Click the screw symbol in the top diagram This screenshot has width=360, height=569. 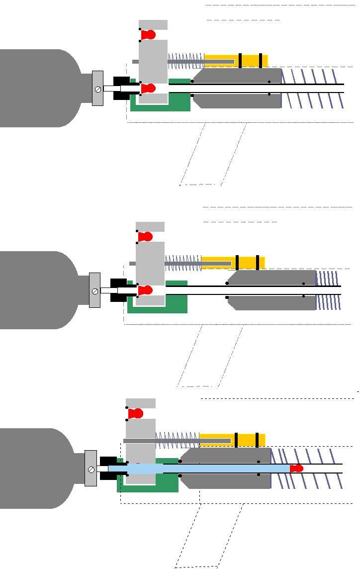pyautogui.click(x=98, y=89)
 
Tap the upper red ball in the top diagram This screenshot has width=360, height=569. pyautogui.click(x=148, y=35)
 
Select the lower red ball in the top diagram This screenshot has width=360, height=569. pyautogui.click(x=148, y=89)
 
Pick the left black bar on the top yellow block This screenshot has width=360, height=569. pyautogui.click(x=240, y=60)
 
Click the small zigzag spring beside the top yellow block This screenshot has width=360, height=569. pyautogui.click(x=185, y=61)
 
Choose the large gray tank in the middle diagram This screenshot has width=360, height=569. pyautogui.click(x=37, y=290)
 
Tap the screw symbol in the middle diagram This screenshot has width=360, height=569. pyautogui.click(x=94, y=291)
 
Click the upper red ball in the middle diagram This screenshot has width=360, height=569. pyautogui.click(x=145, y=237)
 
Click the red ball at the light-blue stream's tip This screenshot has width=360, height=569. pyautogui.click(x=297, y=469)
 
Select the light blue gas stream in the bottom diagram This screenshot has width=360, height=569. pyautogui.click(x=199, y=469)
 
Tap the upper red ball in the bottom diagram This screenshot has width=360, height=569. pyautogui.click(x=136, y=413)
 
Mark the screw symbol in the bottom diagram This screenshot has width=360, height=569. pyautogui.click(x=91, y=470)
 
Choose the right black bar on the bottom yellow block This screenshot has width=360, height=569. pyautogui.click(x=257, y=440)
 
